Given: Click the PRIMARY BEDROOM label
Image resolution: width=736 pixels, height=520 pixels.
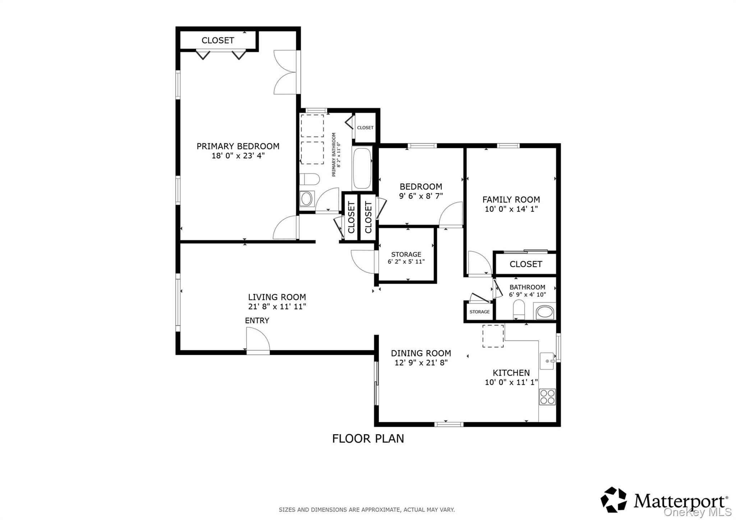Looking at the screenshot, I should [x=238, y=146].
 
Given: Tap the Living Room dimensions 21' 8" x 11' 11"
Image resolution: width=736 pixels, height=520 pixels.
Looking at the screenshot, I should [x=277, y=306].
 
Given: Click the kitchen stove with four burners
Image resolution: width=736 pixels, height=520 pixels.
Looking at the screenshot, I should [x=547, y=397].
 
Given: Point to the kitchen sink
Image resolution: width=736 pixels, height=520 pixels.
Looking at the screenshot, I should [x=547, y=361].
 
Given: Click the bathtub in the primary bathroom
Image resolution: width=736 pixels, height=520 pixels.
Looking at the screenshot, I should [x=362, y=168].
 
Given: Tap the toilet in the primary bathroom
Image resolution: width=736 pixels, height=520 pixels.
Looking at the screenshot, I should [x=309, y=178].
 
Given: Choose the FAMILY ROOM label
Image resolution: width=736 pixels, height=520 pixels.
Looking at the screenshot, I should [x=511, y=200].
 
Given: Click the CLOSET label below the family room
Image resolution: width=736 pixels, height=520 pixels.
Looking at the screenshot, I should [x=525, y=264].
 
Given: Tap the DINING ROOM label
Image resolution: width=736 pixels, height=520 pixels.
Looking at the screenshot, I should [x=420, y=353].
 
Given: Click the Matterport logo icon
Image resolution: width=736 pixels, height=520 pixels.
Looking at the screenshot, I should [x=614, y=499].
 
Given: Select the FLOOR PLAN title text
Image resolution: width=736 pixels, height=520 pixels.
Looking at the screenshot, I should [x=368, y=438].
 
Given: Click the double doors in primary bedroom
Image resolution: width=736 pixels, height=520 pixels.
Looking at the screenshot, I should [x=286, y=73].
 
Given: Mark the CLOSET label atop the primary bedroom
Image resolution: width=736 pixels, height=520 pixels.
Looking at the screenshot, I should [x=217, y=40].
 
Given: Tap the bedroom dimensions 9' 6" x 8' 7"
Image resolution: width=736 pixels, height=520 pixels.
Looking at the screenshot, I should [x=420, y=196].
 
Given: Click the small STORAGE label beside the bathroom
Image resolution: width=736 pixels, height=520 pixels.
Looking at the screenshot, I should [x=479, y=312].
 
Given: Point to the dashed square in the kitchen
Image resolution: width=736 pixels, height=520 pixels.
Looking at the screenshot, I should [x=493, y=336].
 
